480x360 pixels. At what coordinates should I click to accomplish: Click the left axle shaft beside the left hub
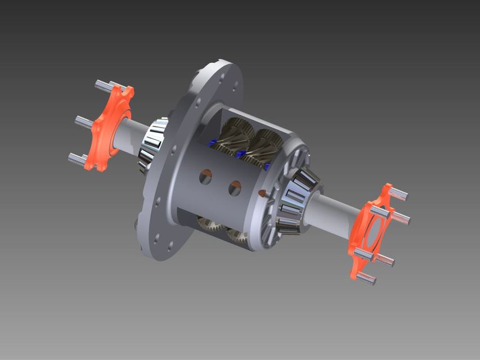[x=133, y=135]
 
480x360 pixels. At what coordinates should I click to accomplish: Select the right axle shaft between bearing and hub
[x=335, y=211]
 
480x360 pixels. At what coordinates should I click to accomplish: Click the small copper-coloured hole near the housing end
[x=262, y=193]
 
